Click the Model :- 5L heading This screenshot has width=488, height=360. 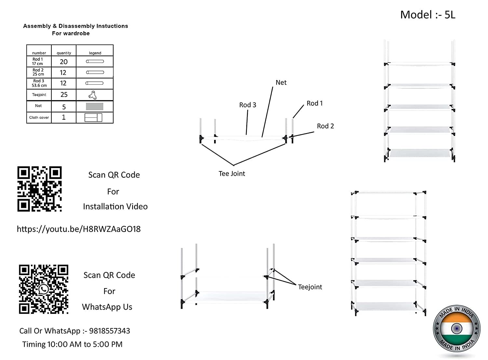427,15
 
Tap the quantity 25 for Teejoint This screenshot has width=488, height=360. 64,95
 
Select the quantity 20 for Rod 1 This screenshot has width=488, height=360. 64,62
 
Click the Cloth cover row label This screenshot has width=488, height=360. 39,117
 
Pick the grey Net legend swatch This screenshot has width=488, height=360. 94,106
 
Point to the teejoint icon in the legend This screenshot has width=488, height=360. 93,95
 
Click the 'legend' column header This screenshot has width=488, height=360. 95,53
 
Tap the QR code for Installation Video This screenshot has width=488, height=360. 39,189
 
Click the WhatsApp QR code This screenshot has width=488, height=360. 44,289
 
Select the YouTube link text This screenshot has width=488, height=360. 79,229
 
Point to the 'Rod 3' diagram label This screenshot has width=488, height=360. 248,105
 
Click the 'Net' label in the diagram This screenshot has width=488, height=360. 281,83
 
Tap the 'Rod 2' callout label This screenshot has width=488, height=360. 325,126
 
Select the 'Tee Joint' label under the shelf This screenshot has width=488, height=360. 232,174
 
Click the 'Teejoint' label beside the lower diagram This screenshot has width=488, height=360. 310,287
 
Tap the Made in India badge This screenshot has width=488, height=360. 456,328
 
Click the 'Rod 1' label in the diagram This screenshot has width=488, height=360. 315,103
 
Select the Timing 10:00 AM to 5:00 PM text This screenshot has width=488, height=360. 72,344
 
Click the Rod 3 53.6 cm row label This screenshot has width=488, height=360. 39,83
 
